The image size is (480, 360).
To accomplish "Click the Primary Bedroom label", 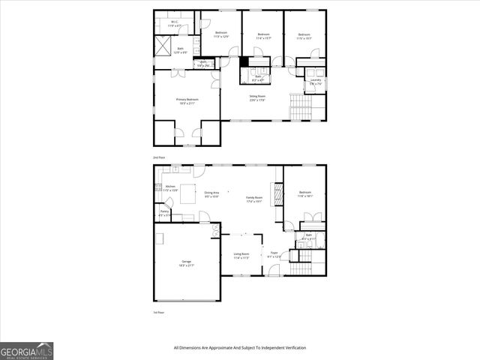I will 187,101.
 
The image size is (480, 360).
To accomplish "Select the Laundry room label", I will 316,81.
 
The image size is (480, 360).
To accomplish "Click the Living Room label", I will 241,256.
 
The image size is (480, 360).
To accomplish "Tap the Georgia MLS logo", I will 26,350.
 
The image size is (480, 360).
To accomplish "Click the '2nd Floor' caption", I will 158,157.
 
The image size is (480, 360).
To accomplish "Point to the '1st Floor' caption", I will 157,311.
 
